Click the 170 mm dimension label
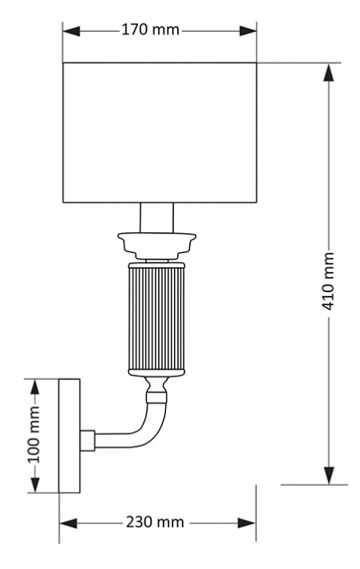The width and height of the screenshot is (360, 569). coord(150,30)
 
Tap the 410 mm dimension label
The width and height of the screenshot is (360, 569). coord(328,281)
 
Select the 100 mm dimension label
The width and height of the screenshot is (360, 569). coord(34,434)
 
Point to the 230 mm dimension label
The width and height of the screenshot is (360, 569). coord(155,522)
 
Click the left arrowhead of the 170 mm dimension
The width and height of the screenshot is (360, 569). coord(71,31)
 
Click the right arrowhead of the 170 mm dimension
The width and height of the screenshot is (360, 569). coord(248,31)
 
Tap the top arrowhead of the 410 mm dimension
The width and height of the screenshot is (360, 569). coord(329,73)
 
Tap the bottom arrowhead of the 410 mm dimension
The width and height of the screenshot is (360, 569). coord(329,476)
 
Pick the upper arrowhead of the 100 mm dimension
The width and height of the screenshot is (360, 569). coord(34,388)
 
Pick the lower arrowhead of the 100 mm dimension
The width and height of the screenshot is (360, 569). coord(34,484)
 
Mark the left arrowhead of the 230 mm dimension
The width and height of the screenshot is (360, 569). coord(68,524)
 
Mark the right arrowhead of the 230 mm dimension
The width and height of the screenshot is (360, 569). coord(247,524)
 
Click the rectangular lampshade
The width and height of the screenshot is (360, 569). coord(160,132)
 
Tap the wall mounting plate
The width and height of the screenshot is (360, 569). coord(69,436)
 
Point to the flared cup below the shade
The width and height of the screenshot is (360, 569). coord(156,246)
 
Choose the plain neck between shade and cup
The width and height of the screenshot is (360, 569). coord(156,218)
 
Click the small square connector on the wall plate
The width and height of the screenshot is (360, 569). coord(88,441)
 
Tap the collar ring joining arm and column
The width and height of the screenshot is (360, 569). coord(156,397)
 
